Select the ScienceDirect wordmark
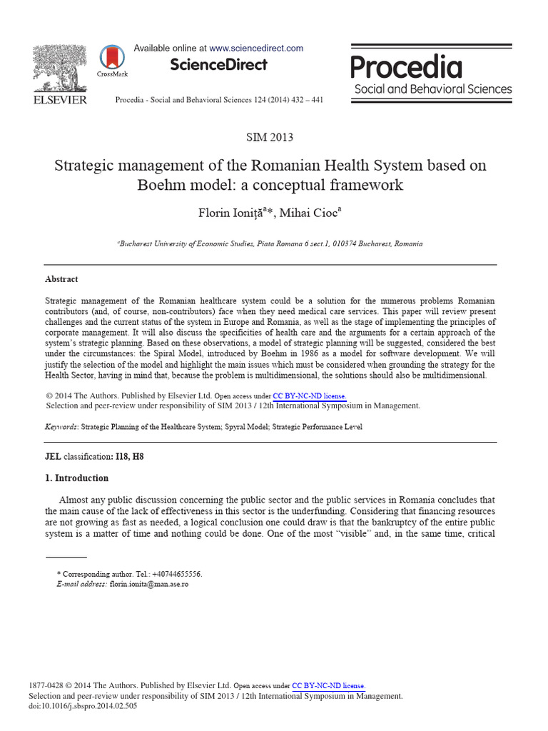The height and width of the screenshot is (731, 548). coord(218,65)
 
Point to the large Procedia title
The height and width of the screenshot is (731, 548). coord(406,68)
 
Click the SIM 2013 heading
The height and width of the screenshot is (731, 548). coord(269,137)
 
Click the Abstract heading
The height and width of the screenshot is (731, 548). coord(61,279)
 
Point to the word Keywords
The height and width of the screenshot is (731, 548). coord(61,427)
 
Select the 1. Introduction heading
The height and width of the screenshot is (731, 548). coord(77,478)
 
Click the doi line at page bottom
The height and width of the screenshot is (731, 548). coord(83,706)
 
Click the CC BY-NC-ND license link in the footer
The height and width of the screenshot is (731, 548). coord(329,685)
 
